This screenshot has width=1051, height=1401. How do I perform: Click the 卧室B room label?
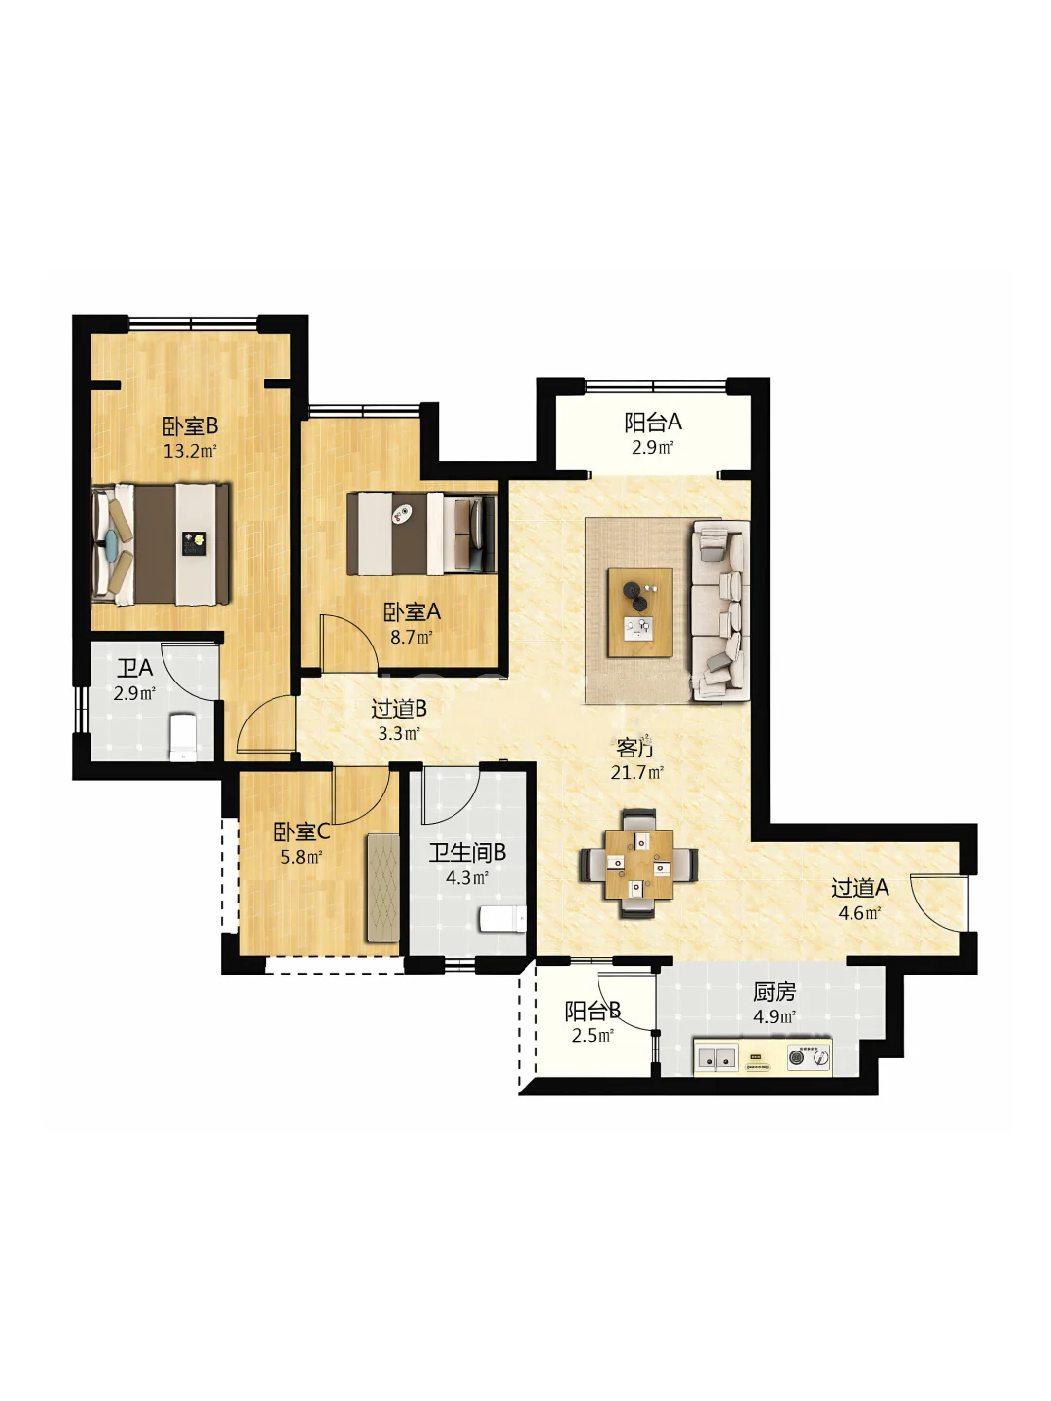coord(190,425)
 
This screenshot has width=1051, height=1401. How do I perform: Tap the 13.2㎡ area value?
coord(190,452)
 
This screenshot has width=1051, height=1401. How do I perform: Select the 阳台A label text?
coord(653,423)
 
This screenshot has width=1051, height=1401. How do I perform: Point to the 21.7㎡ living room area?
coord(637,773)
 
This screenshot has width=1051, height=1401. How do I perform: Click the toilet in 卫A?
coord(184,737)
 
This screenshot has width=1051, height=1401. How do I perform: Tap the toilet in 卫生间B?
coord(503,920)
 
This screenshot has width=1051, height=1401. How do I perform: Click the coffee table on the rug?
coord(639,612)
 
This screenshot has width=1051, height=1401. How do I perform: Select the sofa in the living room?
coord(721,610)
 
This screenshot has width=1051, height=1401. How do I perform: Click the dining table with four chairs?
coord(638,865)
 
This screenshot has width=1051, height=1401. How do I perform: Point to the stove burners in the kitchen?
coord(809,1058)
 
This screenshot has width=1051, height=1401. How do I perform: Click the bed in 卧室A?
coord(421,534)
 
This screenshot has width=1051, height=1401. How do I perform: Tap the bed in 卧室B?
coord(161,544)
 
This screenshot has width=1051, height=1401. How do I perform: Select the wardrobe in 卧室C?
coord(382,888)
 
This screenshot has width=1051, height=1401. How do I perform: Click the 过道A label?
coord(859,888)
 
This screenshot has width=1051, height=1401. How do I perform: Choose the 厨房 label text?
coord(775,992)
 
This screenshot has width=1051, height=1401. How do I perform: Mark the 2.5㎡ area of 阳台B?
coord(593,1035)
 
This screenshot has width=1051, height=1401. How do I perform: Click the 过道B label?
coord(399,709)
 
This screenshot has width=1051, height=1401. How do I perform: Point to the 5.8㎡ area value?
coord(302,857)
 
